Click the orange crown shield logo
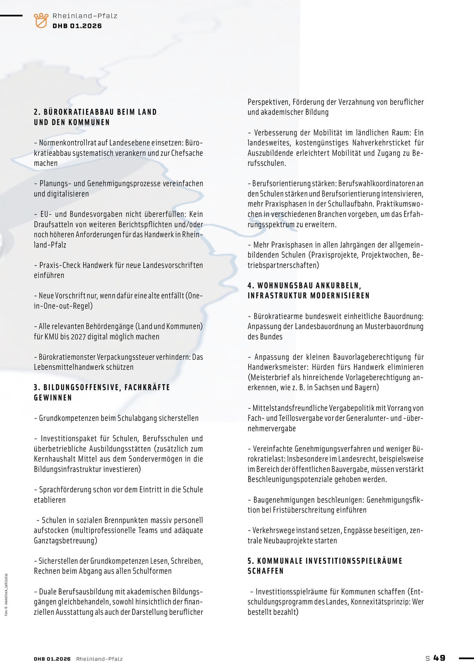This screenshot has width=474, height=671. pyautogui.click(x=41, y=20)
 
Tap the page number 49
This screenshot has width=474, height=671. pyautogui.click(x=439, y=658)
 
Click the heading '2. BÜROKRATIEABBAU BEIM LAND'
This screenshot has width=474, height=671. pyautogui.click(x=95, y=112)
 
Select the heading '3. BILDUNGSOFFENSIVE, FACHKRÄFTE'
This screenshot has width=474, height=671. pyautogui.click(x=102, y=387)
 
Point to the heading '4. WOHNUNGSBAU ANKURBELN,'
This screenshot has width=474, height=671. pyautogui.click(x=304, y=286)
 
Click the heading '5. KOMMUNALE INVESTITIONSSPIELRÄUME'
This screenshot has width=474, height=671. pyautogui.click(x=325, y=561)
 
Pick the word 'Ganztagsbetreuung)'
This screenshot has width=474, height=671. pyautogui.click(x=65, y=540)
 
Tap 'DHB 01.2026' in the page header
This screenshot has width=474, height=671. pyautogui.click(x=77, y=26)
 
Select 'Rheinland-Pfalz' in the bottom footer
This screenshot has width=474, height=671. pyautogui.click(x=99, y=659)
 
